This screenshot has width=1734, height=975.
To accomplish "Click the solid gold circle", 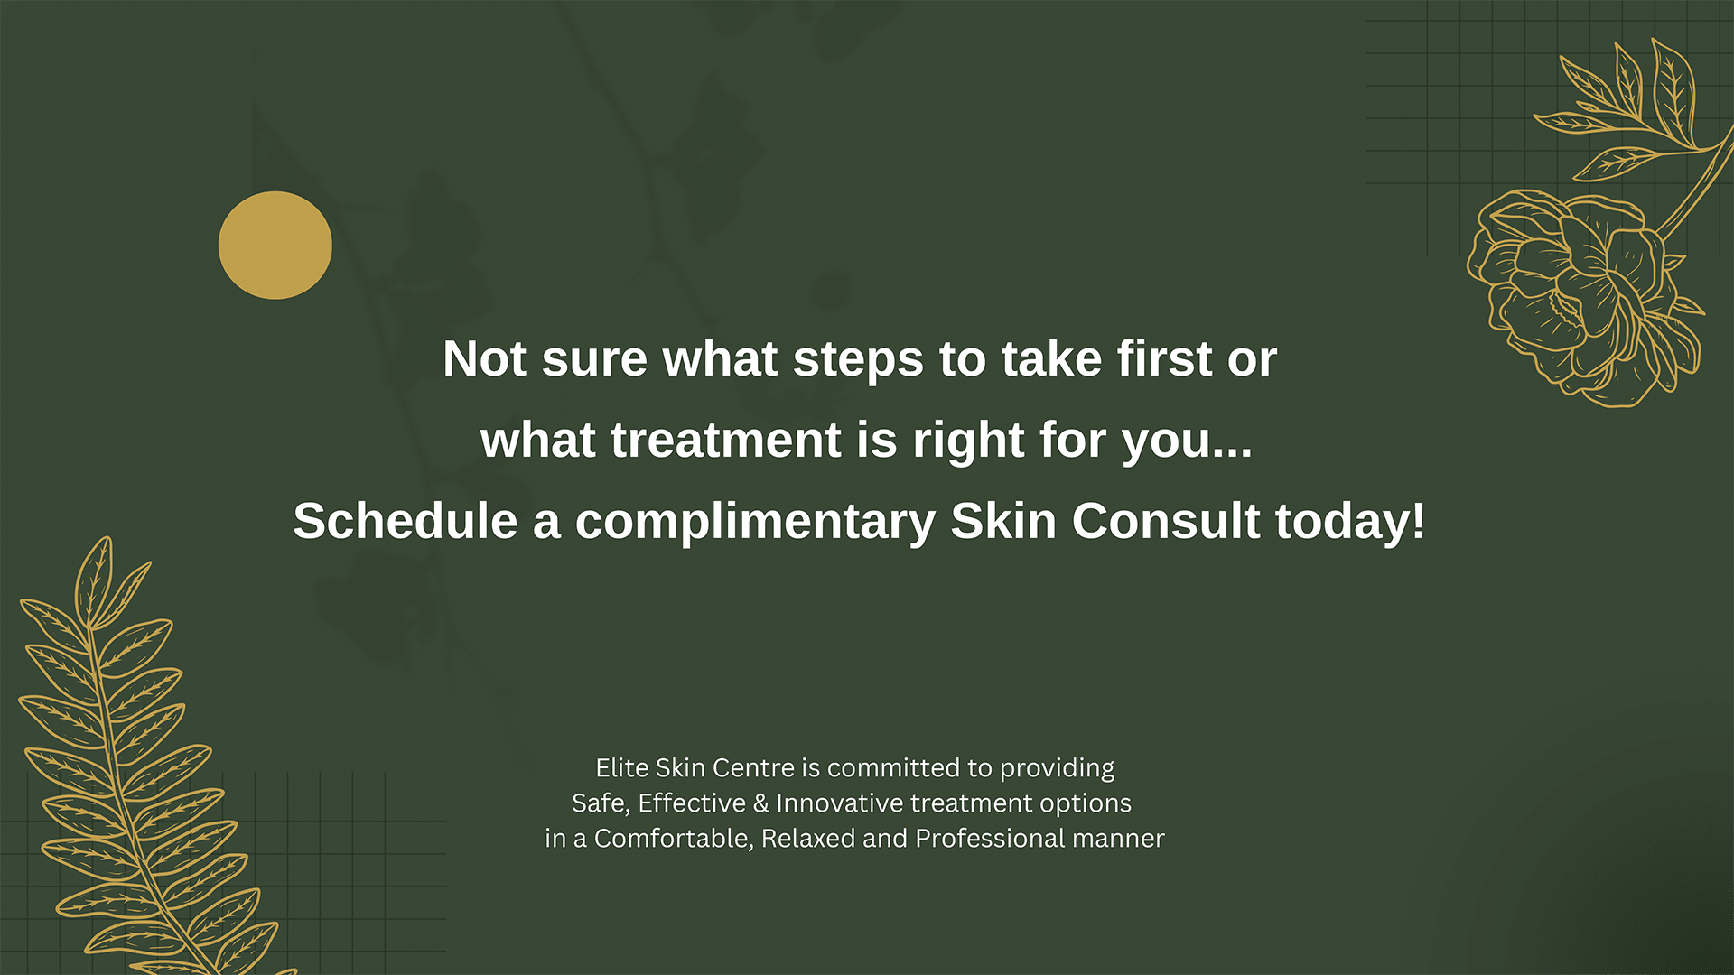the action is [x=275, y=245].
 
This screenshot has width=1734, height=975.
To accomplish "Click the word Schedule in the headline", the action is [x=406, y=522].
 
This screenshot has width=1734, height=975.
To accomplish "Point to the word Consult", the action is [x=1166, y=522].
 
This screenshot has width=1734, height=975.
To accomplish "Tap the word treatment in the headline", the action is [x=726, y=441].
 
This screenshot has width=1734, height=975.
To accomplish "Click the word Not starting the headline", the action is [x=485, y=359].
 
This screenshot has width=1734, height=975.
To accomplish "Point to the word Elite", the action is [x=622, y=767].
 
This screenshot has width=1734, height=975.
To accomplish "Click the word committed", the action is [x=893, y=767].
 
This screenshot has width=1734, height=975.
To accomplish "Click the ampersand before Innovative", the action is [x=760, y=803].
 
